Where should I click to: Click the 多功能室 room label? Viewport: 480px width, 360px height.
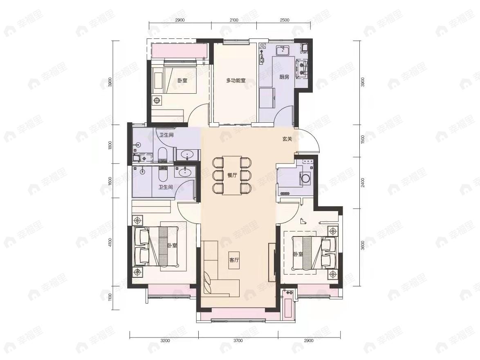[236, 81]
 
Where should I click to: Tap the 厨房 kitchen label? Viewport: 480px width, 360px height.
[284, 77]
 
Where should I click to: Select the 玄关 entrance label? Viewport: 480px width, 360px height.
[287, 139]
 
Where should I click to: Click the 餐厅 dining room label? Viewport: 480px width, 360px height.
[232, 175]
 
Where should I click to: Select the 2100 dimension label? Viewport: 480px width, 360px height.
[233, 20]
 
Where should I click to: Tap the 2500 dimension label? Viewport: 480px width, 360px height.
[285, 20]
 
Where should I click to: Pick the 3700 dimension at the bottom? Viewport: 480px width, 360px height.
[238, 340]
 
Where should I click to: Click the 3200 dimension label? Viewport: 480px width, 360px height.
[164, 340]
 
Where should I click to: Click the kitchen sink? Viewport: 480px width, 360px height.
[283, 51]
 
